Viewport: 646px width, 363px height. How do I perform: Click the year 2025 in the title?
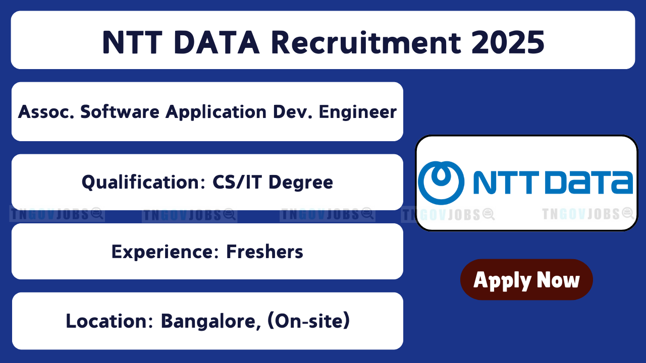pyautogui.click(x=508, y=43)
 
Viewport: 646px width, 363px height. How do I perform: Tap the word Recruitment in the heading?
pyautogui.click(x=366, y=43)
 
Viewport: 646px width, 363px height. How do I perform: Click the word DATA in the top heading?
pyautogui.click(x=217, y=43)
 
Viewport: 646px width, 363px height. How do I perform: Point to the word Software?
pyautogui.click(x=120, y=112)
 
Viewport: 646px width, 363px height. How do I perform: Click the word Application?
pyautogui.click(x=216, y=112)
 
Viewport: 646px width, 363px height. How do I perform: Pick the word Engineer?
pyautogui.click(x=358, y=112)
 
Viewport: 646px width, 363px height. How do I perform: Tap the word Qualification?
pyautogui.click(x=144, y=182)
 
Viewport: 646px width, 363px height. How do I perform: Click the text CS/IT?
pyautogui.click(x=237, y=182)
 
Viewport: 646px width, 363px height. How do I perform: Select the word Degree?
pyautogui.click(x=301, y=183)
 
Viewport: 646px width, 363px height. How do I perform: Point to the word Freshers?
pyautogui.click(x=264, y=252)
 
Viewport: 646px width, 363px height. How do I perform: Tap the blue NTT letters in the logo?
pyautogui.click(x=506, y=183)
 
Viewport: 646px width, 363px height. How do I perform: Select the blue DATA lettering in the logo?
pyautogui.click(x=588, y=183)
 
